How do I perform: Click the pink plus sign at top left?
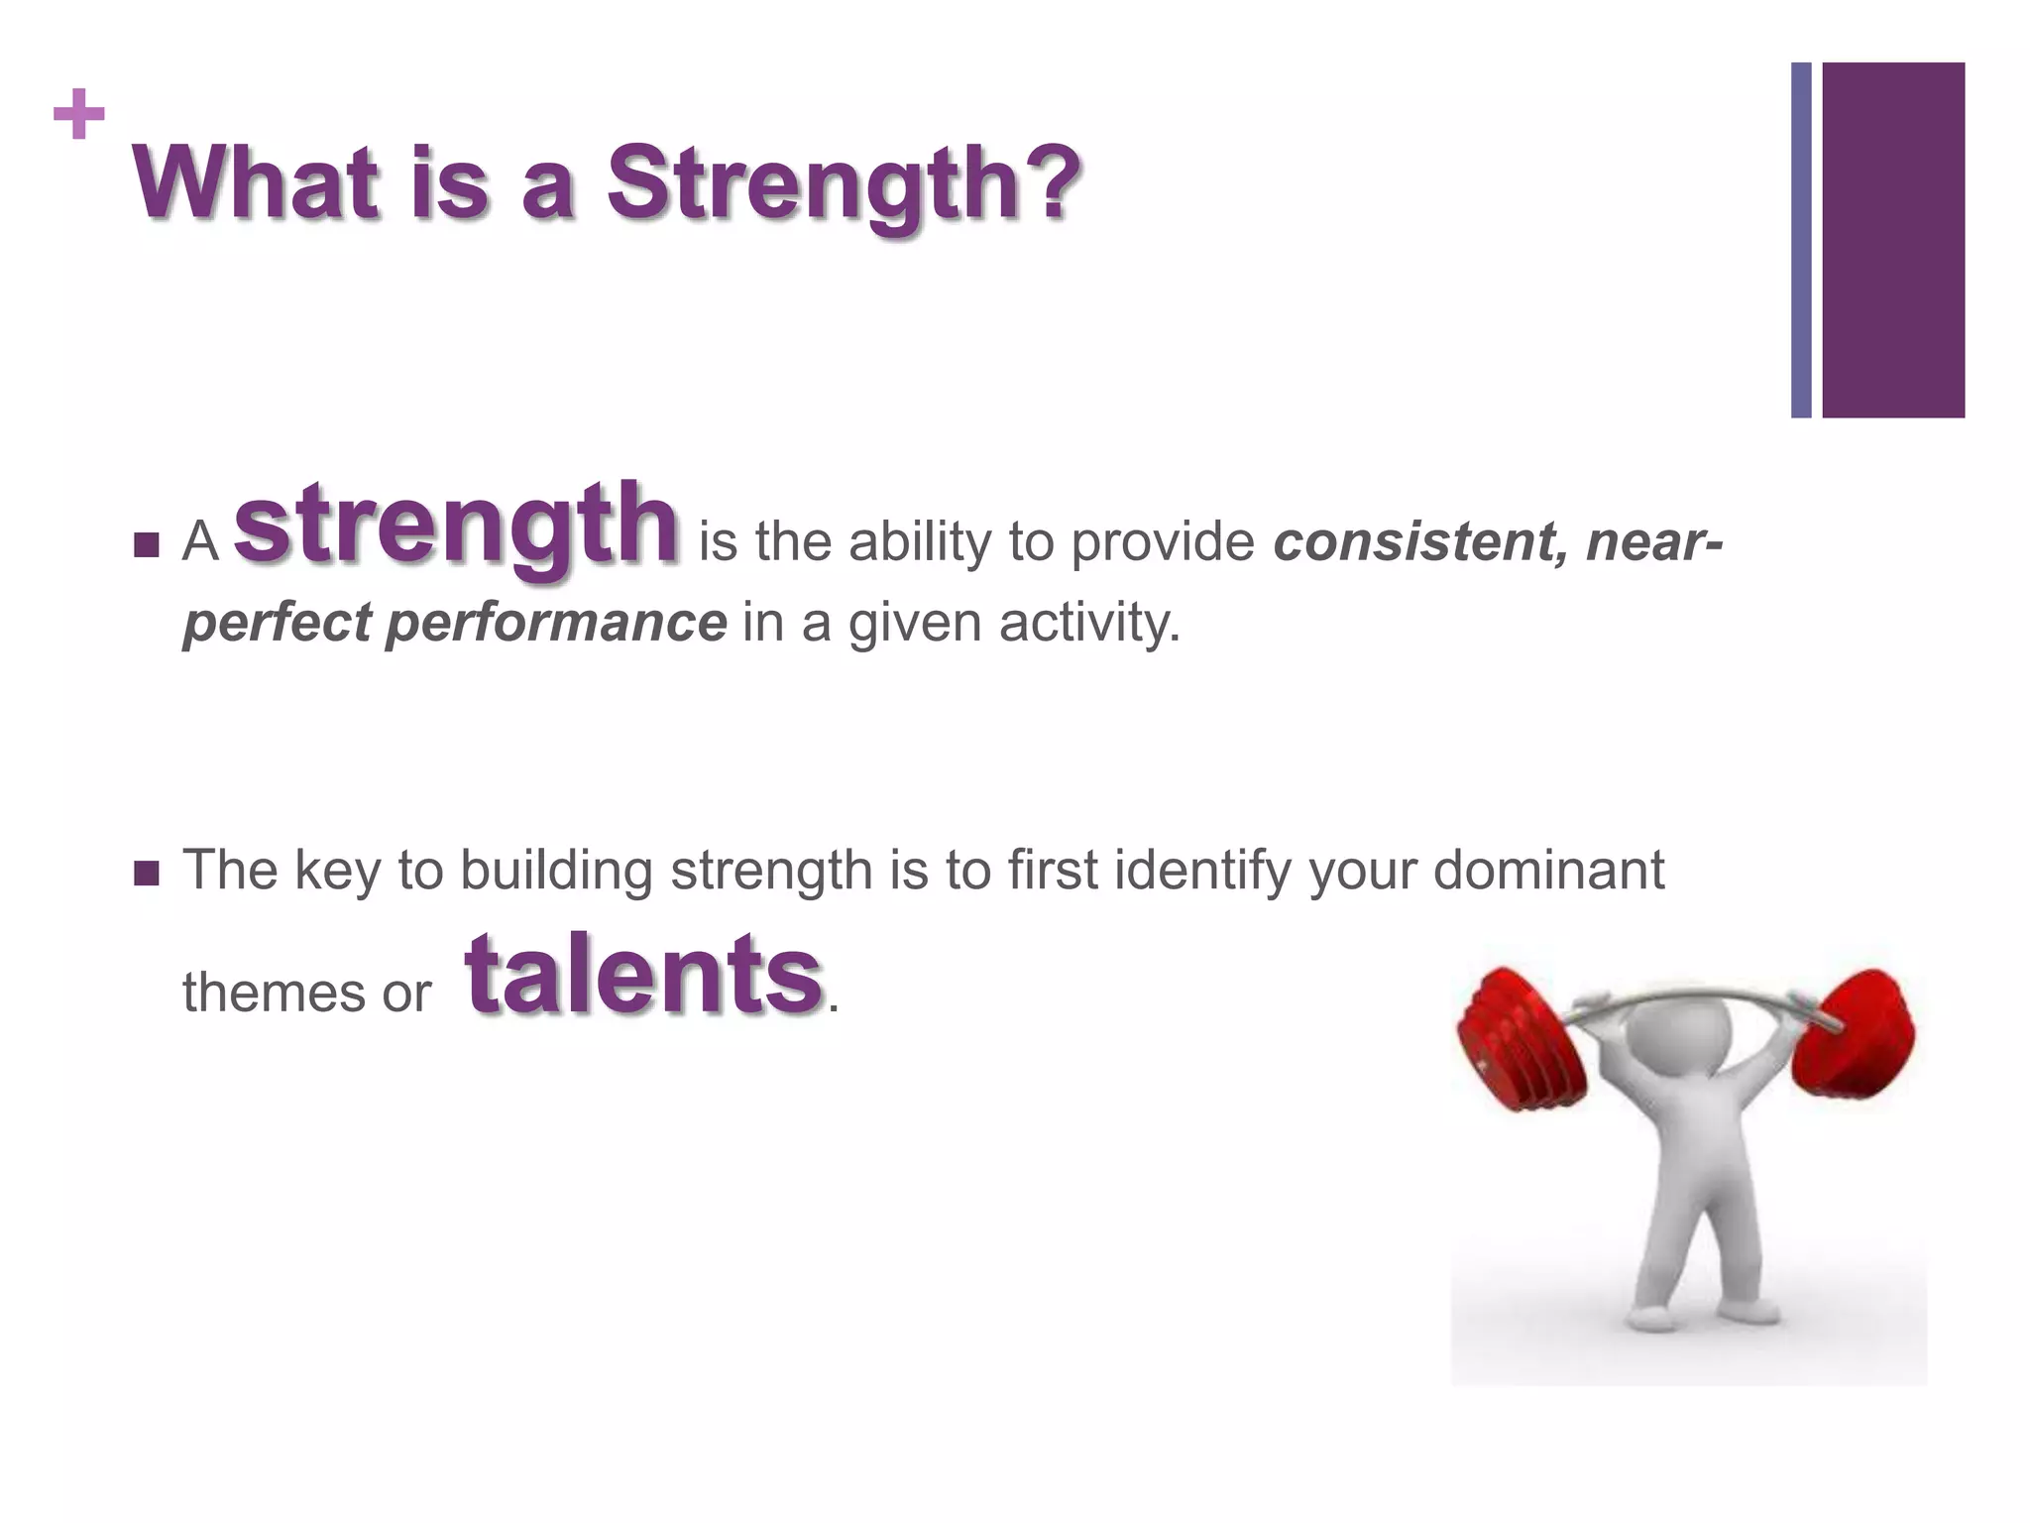(79, 115)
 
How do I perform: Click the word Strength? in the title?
(843, 184)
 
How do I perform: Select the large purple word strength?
(456, 524)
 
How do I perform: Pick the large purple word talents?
(644, 976)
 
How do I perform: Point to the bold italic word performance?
(556, 624)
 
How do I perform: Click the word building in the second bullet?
(556, 871)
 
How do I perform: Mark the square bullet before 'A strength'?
(146, 545)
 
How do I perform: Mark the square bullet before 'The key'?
(146, 873)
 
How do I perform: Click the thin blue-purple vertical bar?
(1801, 240)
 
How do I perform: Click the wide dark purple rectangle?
(1893, 240)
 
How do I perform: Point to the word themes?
(260, 993)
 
